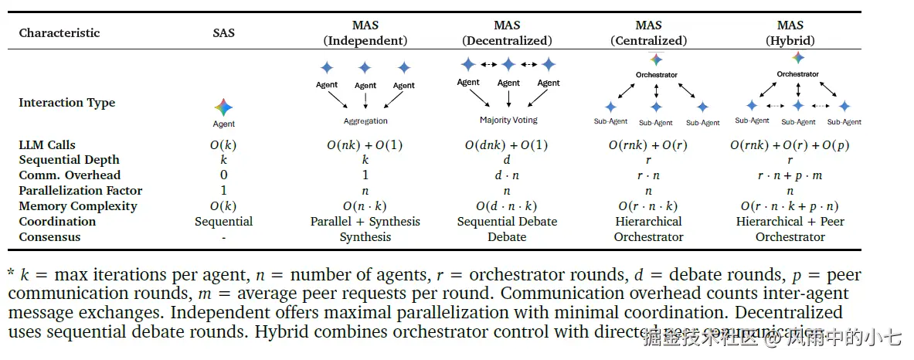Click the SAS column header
point(223,32)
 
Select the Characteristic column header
point(59,32)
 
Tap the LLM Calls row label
point(47,144)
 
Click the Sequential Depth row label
point(69,160)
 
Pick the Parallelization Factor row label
point(80,191)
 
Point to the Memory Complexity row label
point(77,206)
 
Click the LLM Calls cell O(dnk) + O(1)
point(507,144)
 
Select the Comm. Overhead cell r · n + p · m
point(790,175)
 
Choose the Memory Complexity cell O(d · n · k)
point(507,206)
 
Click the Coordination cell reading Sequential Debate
point(507,222)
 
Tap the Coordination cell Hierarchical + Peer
point(790,222)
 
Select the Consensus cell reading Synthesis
point(365,237)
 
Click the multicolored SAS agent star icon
point(223,107)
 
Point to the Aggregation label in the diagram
point(365,121)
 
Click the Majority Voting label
point(508,120)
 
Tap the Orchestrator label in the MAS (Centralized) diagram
point(656,75)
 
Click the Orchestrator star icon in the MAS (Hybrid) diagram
point(798,58)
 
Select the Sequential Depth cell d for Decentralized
point(507,160)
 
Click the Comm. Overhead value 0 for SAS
point(223,175)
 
